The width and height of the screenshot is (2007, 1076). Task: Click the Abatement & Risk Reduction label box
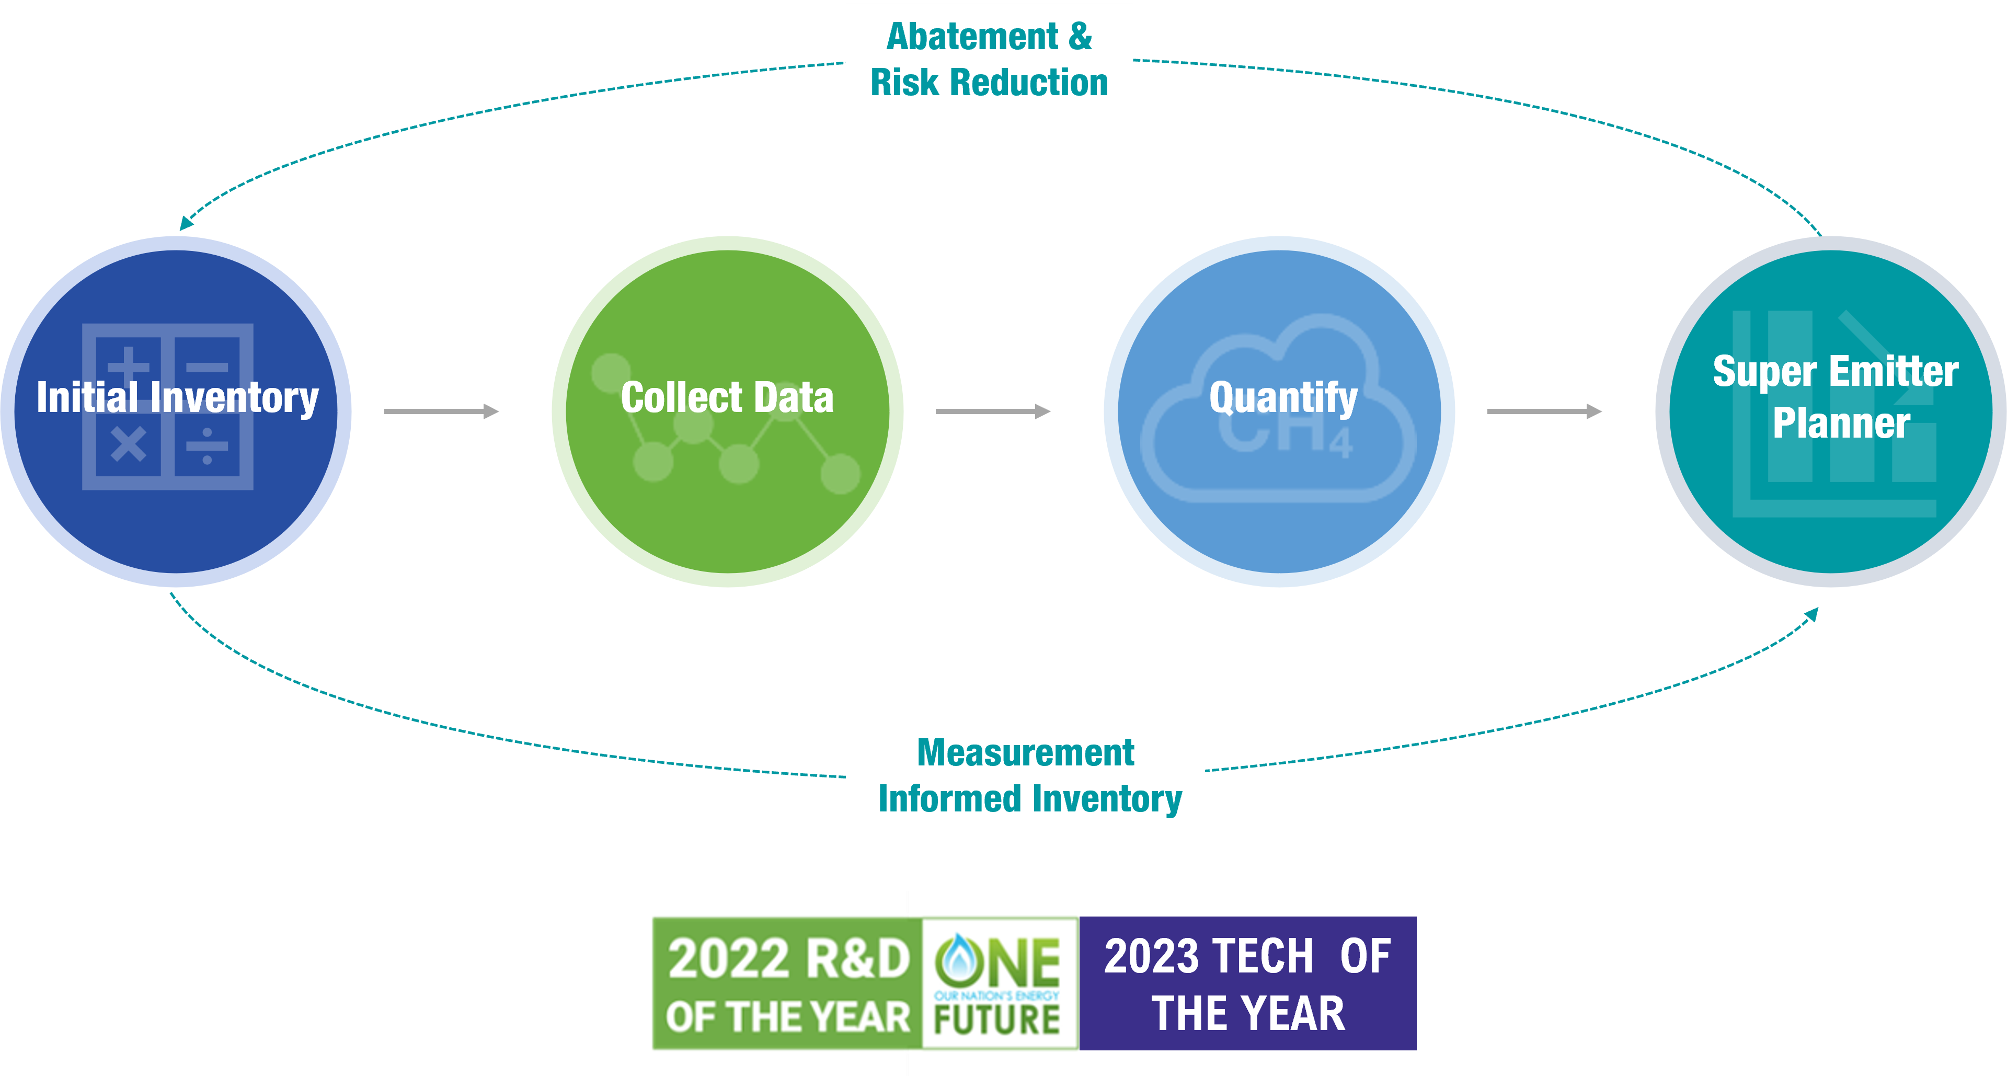(989, 59)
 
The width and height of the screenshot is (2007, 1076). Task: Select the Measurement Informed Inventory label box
(1025, 774)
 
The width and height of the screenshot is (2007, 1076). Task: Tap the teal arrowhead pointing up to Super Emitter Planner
(1811, 615)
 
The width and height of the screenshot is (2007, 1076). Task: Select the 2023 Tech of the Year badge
(1247, 984)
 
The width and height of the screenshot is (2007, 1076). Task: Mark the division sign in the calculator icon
(207, 445)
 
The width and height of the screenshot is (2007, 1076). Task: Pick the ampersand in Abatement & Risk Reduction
(1081, 37)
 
